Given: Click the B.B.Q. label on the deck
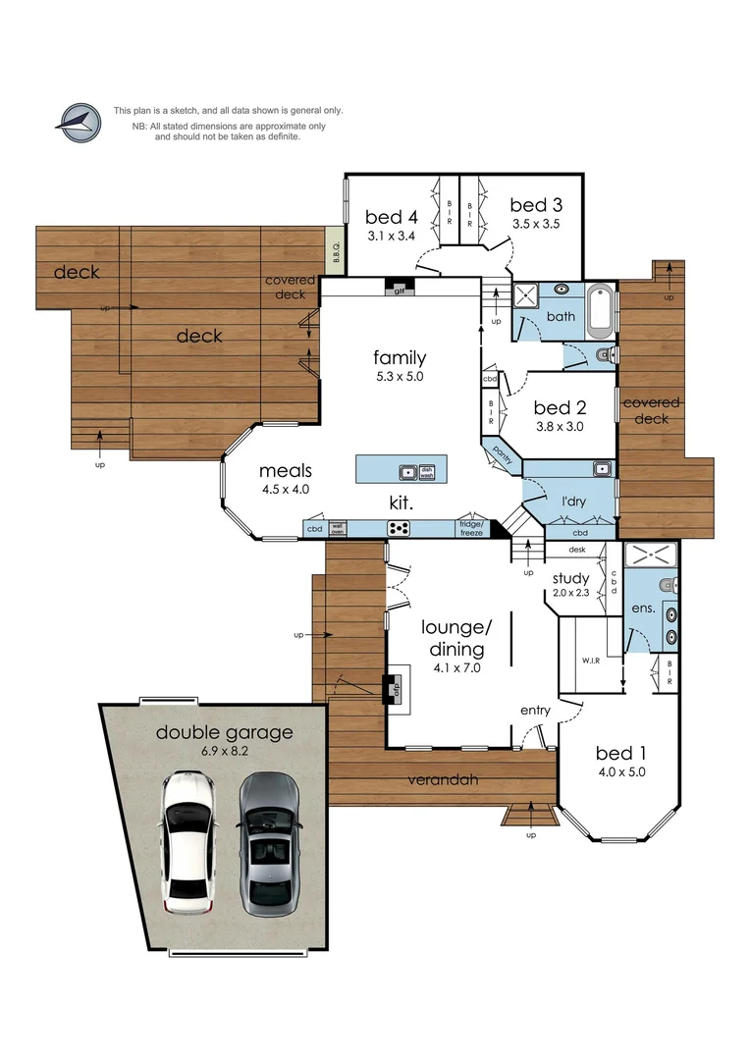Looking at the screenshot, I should click(335, 252).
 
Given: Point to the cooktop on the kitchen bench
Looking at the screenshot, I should click(399, 528).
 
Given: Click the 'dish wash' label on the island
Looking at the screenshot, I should click(427, 472).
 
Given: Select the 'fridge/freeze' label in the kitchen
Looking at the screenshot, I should click(471, 528).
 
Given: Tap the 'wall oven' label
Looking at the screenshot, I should click(338, 528).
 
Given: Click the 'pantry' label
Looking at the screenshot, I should click(503, 453).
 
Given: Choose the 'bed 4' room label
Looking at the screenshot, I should click(392, 217).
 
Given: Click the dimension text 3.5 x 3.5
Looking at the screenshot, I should click(536, 224).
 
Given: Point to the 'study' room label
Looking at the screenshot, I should click(569, 578).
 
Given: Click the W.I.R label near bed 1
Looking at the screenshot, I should click(589, 659).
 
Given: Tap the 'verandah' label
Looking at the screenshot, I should click(444, 780).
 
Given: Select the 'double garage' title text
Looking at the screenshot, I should click(224, 732).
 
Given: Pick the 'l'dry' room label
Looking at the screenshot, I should click(573, 502).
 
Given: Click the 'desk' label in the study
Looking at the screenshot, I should click(576, 550).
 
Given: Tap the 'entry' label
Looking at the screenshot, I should click(536, 711).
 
